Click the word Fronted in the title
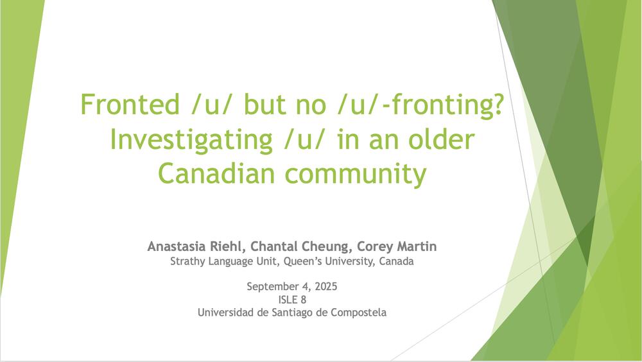tap(130, 104)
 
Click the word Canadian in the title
tap(216, 174)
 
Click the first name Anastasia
tap(177, 246)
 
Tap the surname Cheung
tap(328, 247)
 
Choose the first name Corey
tap(374, 247)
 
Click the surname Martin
tap(415, 246)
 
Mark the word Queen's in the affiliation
tap(300, 261)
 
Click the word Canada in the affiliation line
tap(396, 261)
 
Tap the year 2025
tap(326, 286)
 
